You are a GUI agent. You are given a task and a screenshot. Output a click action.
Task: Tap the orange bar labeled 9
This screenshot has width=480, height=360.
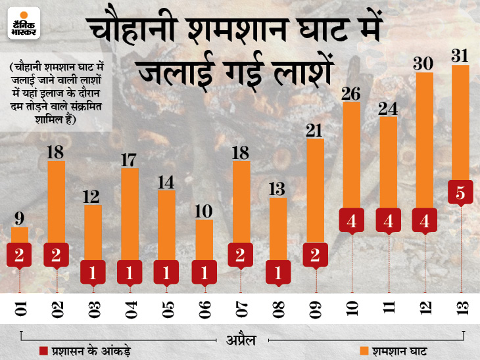(20, 235)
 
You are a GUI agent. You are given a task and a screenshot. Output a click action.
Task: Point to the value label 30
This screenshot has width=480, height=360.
(424, 63)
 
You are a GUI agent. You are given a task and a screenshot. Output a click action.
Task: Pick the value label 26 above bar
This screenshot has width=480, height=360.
(351, 93)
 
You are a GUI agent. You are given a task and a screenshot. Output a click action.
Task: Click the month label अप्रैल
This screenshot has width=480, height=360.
(241, 339)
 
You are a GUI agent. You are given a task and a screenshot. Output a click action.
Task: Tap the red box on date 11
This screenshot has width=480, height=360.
(388, 221)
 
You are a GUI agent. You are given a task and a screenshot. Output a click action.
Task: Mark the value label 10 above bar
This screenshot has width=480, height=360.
(204, 211)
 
